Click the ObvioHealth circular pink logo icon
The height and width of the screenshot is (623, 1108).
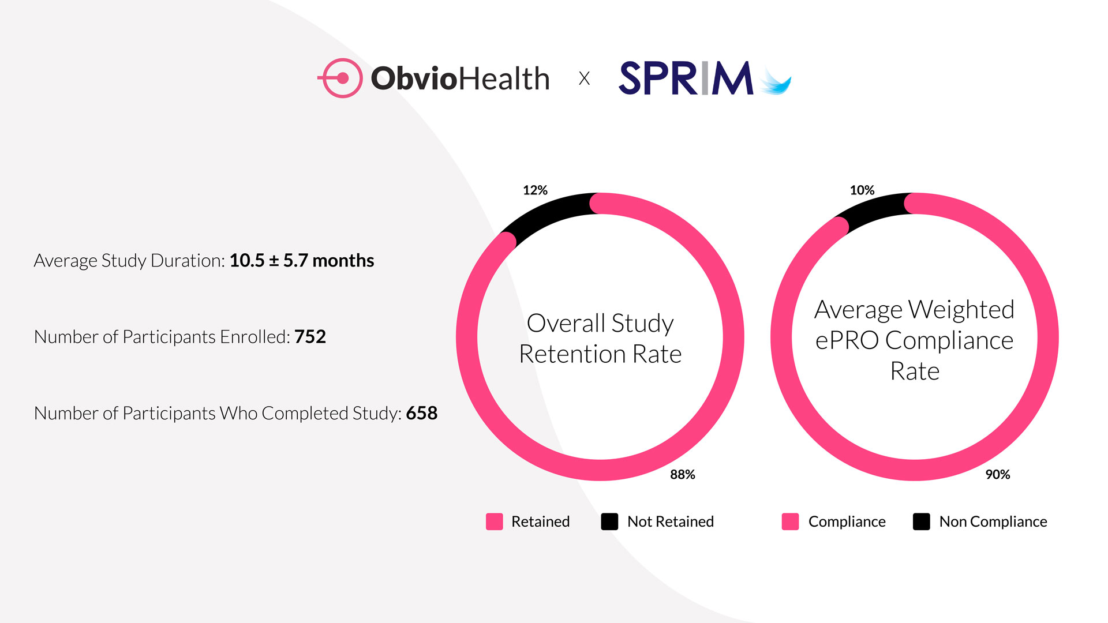tap(341, 78)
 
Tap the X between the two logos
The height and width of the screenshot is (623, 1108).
tap(584, 78)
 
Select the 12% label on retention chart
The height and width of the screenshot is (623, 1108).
tap(535, 190)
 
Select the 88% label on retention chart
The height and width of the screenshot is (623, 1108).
tap(682, 475)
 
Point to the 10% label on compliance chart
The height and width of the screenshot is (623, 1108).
tap(862, 190)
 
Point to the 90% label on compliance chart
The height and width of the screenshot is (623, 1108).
tap(997, 475)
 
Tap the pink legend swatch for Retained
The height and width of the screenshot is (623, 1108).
tap(495, 521)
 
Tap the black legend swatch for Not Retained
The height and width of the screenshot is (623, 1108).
tap(609, 521)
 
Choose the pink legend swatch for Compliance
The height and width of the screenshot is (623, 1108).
tap(790, 521)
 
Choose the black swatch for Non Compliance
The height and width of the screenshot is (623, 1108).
tap(922, 521)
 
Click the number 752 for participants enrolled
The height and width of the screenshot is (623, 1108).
tap(310, 337)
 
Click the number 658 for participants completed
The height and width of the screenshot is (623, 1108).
tap(421, 413)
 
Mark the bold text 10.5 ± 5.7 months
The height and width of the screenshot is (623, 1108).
tap(301, 261)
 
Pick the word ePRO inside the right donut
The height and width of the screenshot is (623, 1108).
tap(847, 340)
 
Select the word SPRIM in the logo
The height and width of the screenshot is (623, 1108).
tap(686, 78)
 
